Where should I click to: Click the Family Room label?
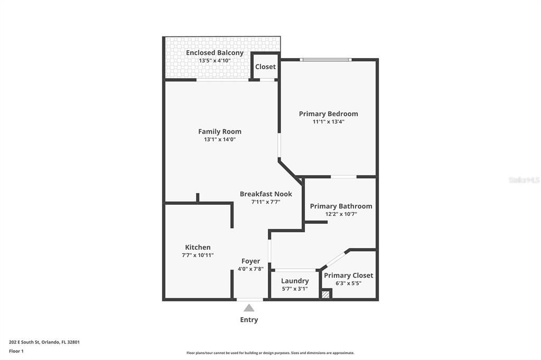coord(220,131)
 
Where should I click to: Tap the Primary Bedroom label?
coord(328,113)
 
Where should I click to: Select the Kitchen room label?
coord(198,247)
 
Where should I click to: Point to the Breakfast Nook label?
coord(266,194)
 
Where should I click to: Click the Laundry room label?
coord(295,281)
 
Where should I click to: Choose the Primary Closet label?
coord(348,275)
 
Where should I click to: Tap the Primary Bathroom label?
coord(341,206)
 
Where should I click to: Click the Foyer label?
coord(250,261)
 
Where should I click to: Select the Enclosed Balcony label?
coord(214,53)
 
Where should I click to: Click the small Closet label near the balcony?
coord(265,67)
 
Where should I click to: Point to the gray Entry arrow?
coord(249,308)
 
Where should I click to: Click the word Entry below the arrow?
coord(249,319)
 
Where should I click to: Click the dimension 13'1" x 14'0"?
coord(220,139)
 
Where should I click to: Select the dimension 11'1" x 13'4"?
coord(328,121)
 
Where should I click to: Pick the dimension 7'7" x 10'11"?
coord(198,255)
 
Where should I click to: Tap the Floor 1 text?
coord(16,350)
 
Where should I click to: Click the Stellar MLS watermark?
coord(524,180)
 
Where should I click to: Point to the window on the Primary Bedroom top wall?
coord(325,60)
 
